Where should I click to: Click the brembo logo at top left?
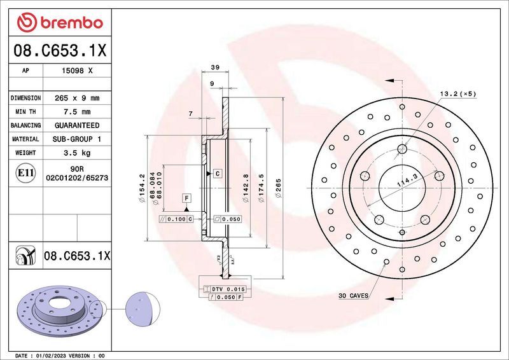click(59, 23)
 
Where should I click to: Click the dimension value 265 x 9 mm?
click(77, 99)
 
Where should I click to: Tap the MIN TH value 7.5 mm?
click(77, 112)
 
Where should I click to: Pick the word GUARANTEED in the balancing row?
click(77, 125)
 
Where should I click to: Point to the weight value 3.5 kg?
click(77, 153)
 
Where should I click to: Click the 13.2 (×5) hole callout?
click(457, 93)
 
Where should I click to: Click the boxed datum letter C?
click(217, 173)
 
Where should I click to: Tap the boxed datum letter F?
click(186, 198)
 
